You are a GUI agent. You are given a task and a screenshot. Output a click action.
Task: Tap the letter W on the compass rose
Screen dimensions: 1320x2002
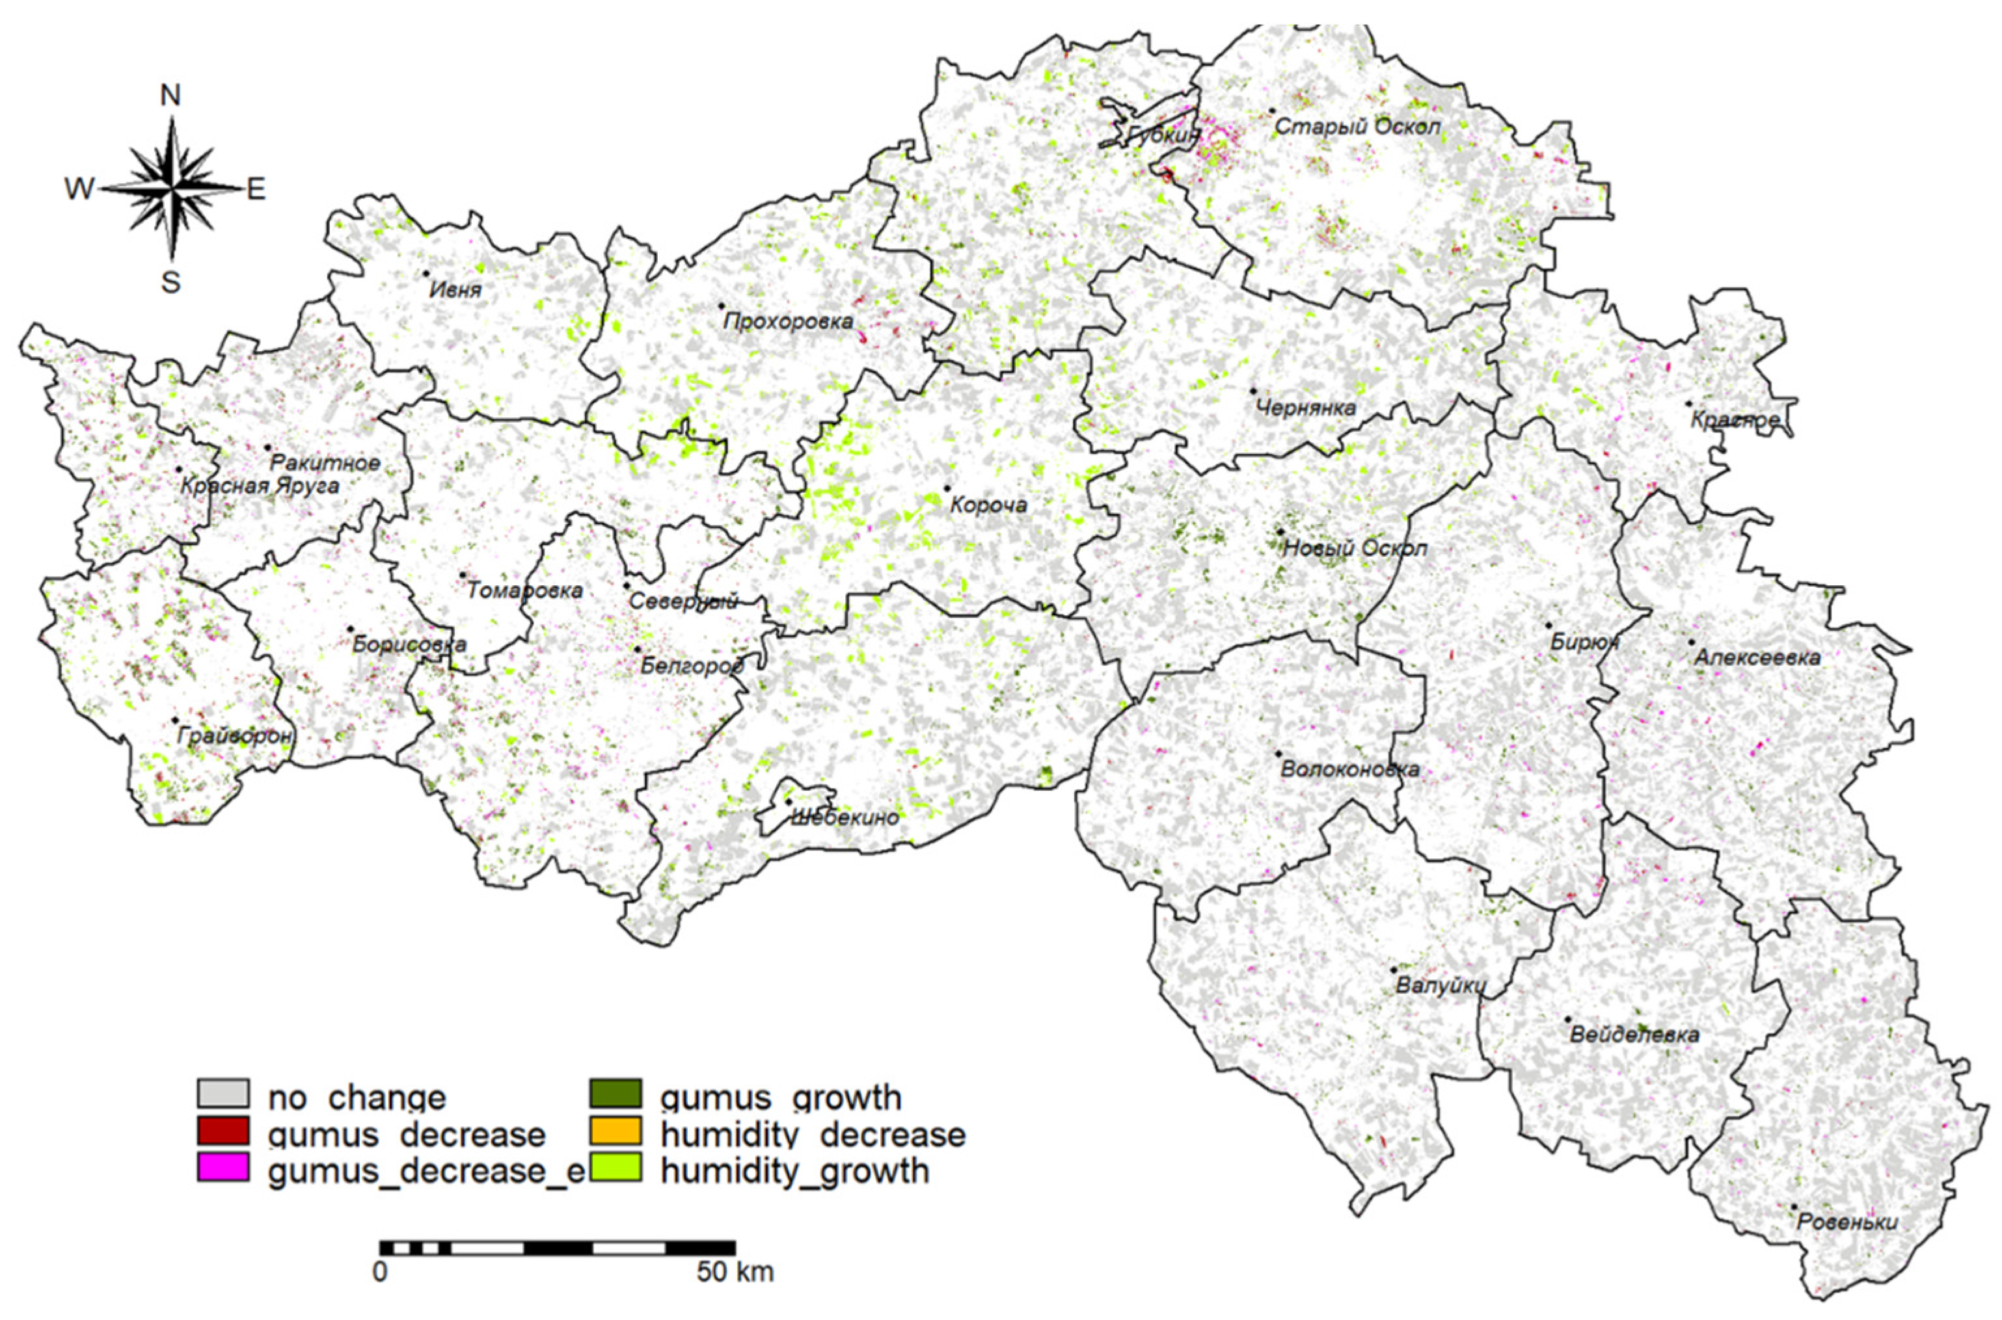pyautogui.click(x=80, y=189)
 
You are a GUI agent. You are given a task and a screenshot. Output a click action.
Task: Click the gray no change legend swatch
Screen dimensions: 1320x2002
pyautogui.click(x=223, y=1095)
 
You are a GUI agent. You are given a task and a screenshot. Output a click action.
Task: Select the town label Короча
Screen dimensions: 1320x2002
pyautogui.click(x=989, y=505)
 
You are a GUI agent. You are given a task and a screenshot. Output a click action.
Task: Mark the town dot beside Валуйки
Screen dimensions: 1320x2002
pyautogui.click(x=1394, y=970)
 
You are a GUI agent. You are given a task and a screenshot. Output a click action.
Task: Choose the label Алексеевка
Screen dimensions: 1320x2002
pyautogui.click(x=1756, y=657)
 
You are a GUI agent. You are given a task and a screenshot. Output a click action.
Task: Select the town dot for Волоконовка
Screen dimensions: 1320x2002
pyautogui.click(x=1278, y=754)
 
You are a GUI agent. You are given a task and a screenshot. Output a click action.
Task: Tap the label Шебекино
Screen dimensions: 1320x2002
pyautogui.click(x=845, y=817)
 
